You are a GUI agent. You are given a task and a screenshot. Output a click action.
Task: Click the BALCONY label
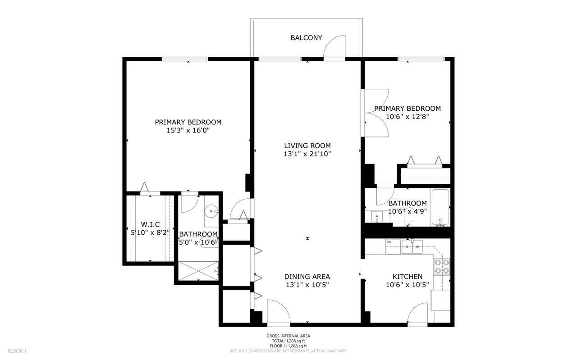point(306,38)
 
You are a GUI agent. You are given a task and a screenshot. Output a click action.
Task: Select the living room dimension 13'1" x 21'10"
point(307,154)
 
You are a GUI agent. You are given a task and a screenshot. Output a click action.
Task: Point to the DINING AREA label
point(307,277)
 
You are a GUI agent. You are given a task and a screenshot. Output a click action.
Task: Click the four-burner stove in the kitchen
point(441,266)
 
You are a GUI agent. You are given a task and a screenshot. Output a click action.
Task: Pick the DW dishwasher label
point(389,242)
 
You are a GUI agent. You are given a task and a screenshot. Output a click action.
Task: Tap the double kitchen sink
point(412,247)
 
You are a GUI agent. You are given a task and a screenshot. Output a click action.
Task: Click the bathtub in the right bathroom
point(441,208)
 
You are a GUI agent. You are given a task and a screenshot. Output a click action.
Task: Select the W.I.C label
point(150,224)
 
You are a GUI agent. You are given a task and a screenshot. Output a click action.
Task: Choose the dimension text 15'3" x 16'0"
point(188,131)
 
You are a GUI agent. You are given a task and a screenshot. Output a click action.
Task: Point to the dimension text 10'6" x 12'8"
point(407,116)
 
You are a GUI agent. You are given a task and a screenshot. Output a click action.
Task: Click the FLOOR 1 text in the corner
point(17,351)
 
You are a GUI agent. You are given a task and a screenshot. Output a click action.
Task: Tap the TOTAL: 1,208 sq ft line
point(288,341)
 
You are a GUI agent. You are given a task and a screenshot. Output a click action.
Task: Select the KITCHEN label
point(407,277)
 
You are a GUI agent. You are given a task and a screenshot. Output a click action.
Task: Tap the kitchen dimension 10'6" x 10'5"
point(407,285)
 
